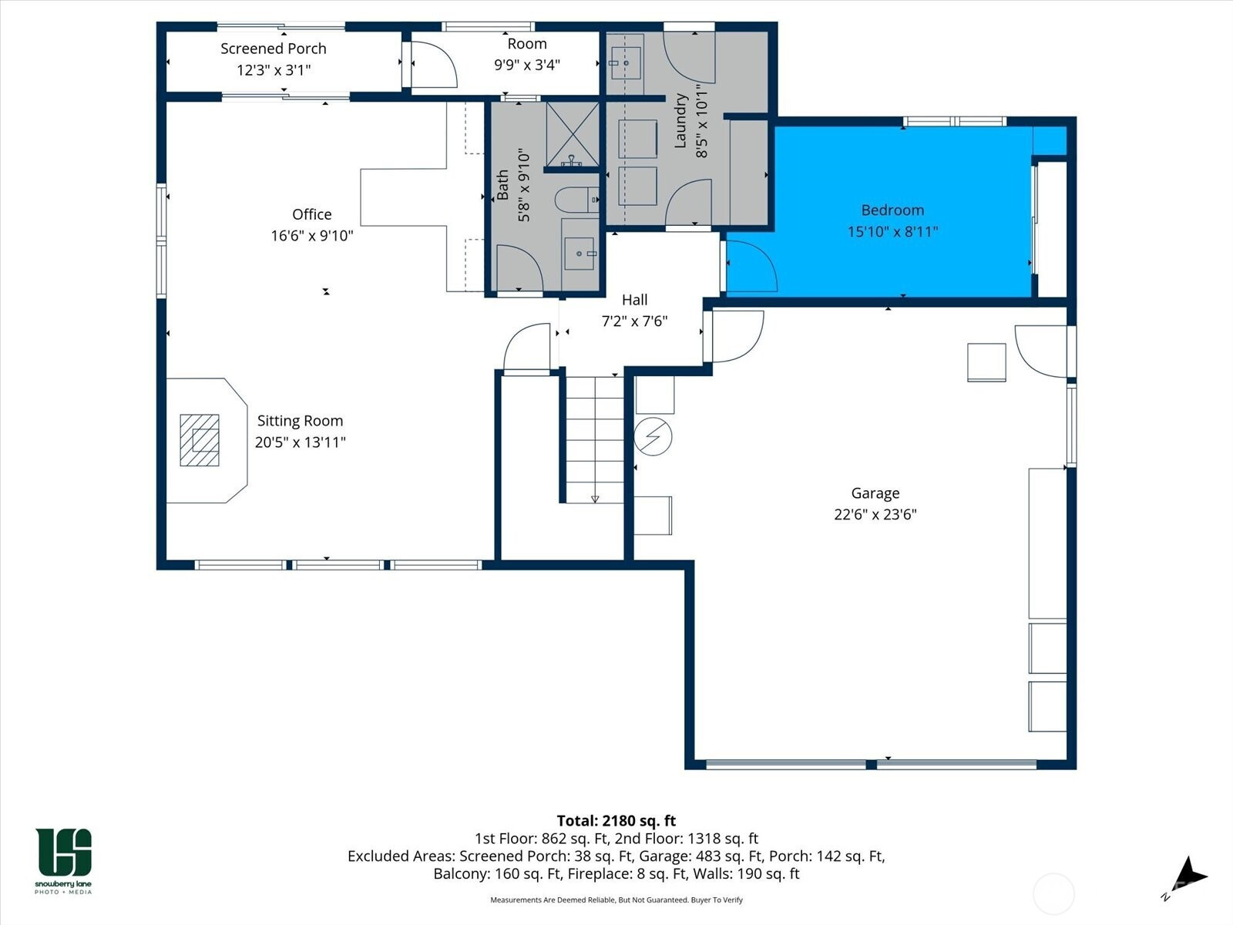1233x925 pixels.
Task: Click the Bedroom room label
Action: coord(892,210)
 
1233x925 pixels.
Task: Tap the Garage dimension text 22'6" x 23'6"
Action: coord(875,514)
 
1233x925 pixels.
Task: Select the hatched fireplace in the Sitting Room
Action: coord(200,440)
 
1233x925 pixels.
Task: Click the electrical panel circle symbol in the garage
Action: coord(653,436)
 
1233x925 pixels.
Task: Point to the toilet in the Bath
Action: coord(577,200)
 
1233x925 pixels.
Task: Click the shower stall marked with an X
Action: coord(573,134)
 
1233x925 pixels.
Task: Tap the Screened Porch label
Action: coord(274,49)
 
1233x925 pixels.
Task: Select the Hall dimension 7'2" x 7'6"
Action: coord(635,321)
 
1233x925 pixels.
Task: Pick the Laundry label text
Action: coord(680,121)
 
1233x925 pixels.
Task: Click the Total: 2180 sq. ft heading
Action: coord(616,820)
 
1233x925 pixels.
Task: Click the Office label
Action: coord(312,214)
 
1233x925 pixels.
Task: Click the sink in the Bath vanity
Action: coord(580,254)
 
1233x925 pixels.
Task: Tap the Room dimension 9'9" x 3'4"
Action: coord(527,66)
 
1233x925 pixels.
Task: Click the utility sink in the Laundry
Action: coord(625,63)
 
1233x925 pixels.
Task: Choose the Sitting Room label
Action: coord(300,421)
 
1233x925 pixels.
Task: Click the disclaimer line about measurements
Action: coord(616,900)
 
